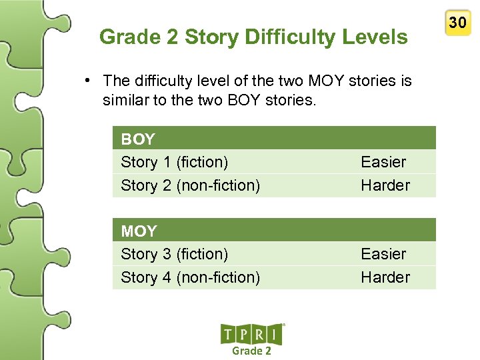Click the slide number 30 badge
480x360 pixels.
(457, 23)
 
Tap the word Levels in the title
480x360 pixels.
(374, 37)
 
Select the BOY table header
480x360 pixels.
(138, 139)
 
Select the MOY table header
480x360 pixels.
(139, 231)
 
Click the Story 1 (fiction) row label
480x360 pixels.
(174, 162)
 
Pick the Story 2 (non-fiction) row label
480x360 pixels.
(190, 185)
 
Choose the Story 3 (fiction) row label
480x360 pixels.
(174, 254)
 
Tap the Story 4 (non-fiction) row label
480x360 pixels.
(190, 277)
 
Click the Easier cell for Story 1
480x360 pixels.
(383, 162)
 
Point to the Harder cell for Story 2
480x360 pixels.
(385, 185)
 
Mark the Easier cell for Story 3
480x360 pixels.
(383, 254)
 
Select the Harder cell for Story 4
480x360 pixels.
(385, 277)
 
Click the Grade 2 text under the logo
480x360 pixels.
(251, 351)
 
